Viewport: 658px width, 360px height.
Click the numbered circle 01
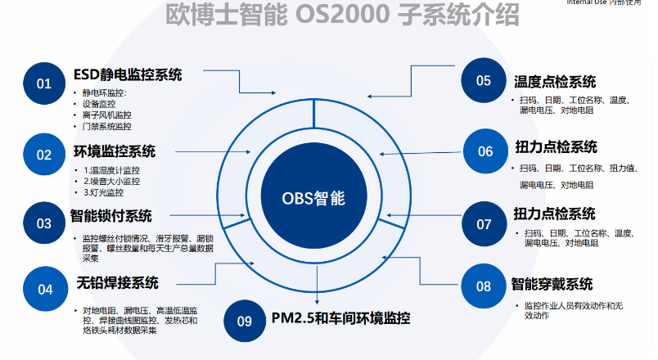tap(43, 83)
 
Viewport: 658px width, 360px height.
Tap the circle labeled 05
tap(484, 80)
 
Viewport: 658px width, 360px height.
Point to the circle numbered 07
tap(484, 223)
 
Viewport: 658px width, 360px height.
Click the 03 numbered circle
tap(43, 223)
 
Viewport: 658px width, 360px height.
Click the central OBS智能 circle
tap(314, 198)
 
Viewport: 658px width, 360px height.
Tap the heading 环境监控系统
tap(115, 151)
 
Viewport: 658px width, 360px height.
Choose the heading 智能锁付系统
tap(113, 217)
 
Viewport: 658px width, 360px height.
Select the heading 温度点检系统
tap(555, 82)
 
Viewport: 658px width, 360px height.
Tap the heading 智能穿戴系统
tap(552, 285)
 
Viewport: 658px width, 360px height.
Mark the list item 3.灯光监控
tap(104, 192)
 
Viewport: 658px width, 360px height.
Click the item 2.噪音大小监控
tap(112, 181)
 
